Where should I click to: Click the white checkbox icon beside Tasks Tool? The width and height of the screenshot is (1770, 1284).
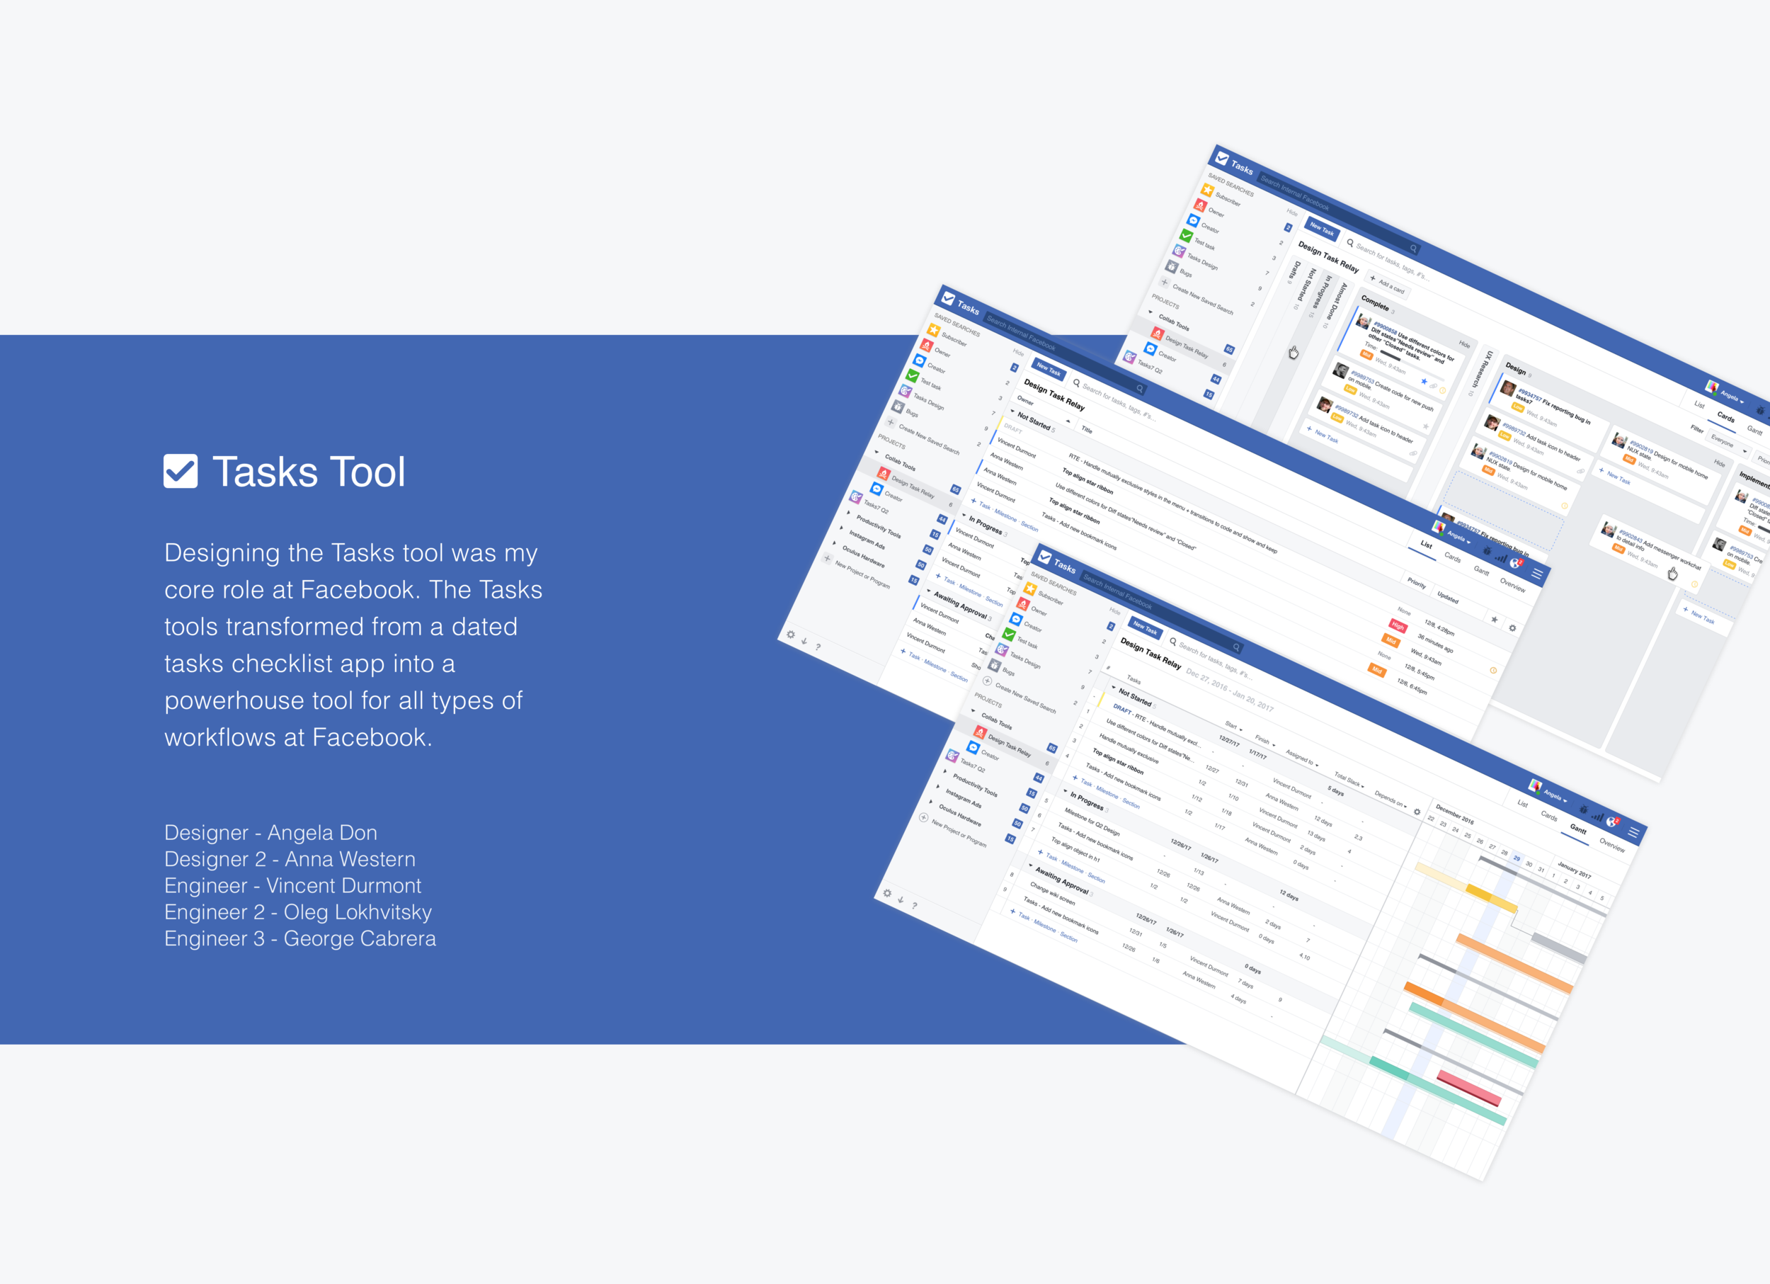pos(181,472)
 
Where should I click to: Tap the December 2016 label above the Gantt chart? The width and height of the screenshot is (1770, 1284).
pos(1454,814)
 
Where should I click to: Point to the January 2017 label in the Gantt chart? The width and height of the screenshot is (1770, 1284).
pos(1573,869)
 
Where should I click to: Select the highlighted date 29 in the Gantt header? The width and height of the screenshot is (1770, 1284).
pos(1517,858)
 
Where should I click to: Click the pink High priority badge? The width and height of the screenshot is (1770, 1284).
pos(1398,626)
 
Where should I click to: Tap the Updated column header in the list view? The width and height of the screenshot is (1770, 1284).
pos(1448,597)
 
